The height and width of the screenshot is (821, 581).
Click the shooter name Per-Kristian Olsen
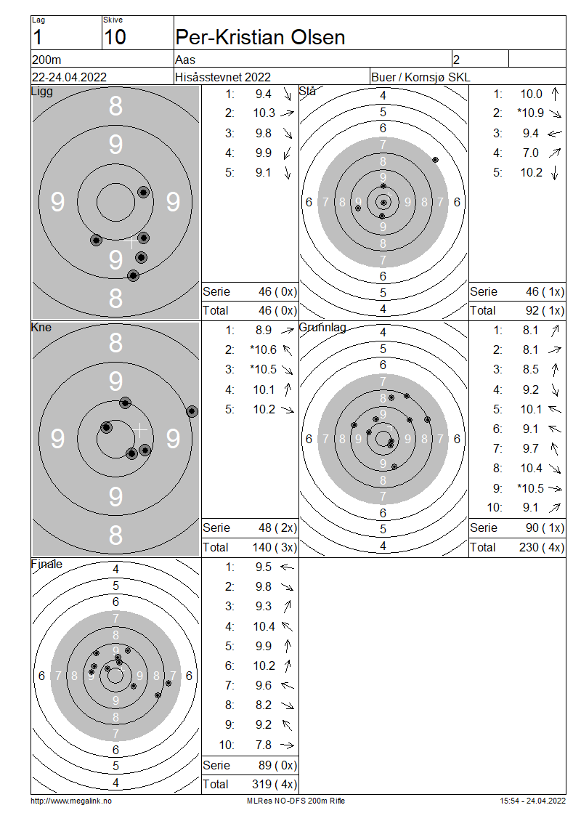pyautogui.click(x=260, y=37)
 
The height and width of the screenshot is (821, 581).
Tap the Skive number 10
pyautogui.click(x=115, y=37)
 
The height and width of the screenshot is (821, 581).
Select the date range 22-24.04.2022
pyautogui.click(x=69, y=77)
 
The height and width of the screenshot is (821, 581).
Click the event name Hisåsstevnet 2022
pyautogui.click(x=223, y=77)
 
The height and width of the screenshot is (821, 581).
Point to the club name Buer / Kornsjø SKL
pyautogui.click(x=420, y=77)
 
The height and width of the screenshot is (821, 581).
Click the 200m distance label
pyautogui.click(x=46, y=60)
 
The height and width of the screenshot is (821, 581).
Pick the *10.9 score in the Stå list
pyautogui.click(x=530, y=113)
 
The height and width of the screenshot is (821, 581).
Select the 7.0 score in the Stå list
pyautogui.click(x=531, y=153)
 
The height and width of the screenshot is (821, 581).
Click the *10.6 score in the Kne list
pyautogui.click(x=264, y=349)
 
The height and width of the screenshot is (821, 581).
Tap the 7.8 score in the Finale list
pyautogui.click(x=264, y=745)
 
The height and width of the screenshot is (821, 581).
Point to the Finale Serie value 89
pyautogui.click(x=265, y=765)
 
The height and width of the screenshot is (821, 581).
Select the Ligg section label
pyautogui.click(x=42, y=92)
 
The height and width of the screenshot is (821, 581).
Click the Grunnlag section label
pyautogui.click(x=322, y=328)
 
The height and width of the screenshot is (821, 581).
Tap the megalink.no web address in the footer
pyautogui.click(x=71, y=801)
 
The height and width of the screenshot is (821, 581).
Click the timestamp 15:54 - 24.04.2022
pyautogui.click(x=532, y=801)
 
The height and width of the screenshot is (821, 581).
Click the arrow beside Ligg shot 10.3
pyautogui.click(x=288, y=113)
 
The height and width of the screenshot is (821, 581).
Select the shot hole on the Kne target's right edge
pyautogui.click(x=192, y=411)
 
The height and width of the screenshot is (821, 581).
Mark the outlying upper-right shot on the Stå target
pyautogui.click(x=435, y=160)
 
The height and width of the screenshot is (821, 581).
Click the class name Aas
pyautogui.click(x=185, y=60)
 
